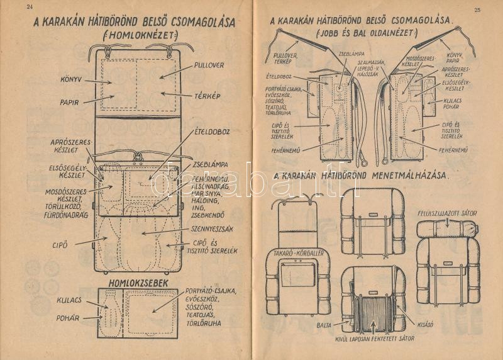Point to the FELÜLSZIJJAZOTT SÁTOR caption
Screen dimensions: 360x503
(x=447, y=213)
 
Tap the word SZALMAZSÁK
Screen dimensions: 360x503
(x=371, y=63)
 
